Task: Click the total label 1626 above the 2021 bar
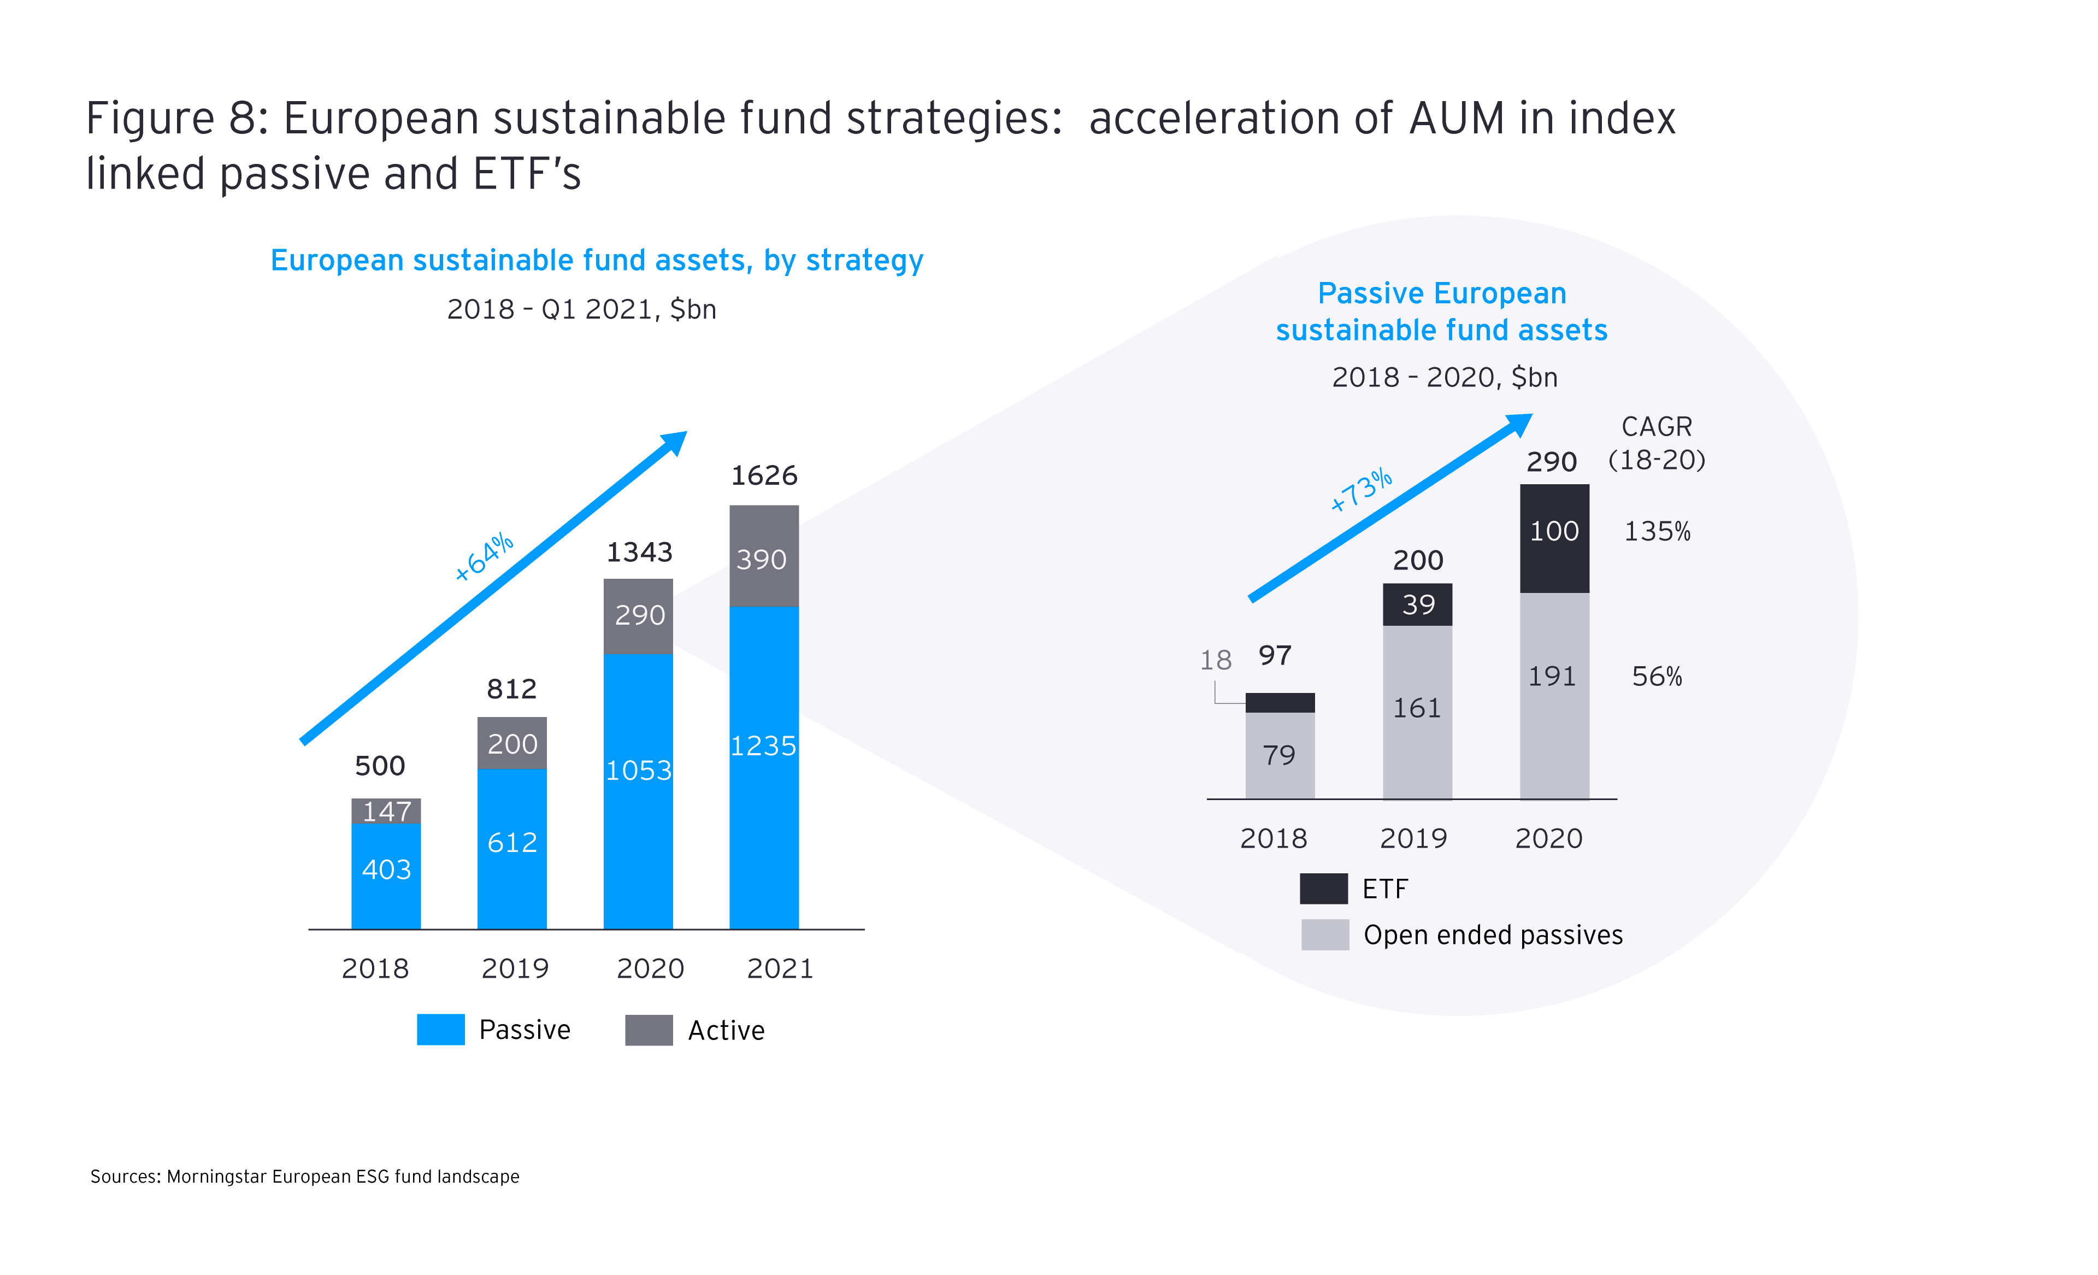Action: coord(764,475)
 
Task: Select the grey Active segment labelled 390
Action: coord(764,558)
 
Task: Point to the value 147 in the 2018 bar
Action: coord(387,811)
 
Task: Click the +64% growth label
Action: coord(484,557)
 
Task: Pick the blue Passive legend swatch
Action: coord(440,1029)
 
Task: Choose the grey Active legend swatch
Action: coord(649,1030)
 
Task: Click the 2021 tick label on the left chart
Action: coord(780,968)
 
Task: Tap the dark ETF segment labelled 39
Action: coord(1418,604)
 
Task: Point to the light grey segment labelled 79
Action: coord(1279,755)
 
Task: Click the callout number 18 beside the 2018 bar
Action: coord(1216,660)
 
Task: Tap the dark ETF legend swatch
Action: coord(1323,888)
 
